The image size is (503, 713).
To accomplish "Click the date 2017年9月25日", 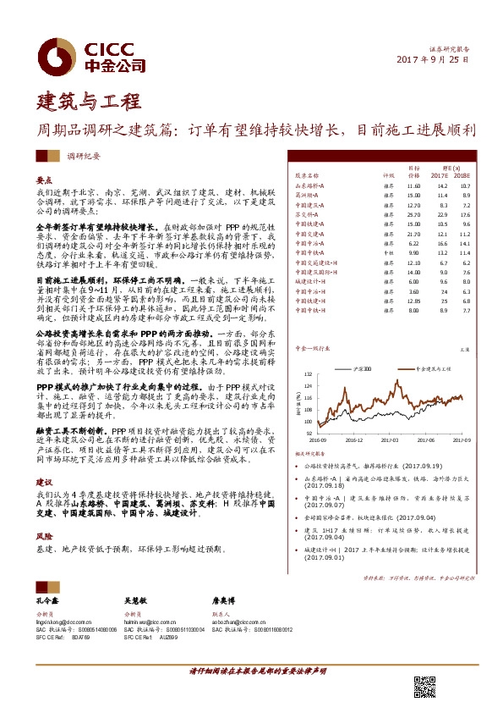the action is click(x=432, y=61).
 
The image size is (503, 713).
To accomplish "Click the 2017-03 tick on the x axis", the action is click(x=391, y=440).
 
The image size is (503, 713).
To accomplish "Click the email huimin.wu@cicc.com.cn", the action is click(x=147, y=620).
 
